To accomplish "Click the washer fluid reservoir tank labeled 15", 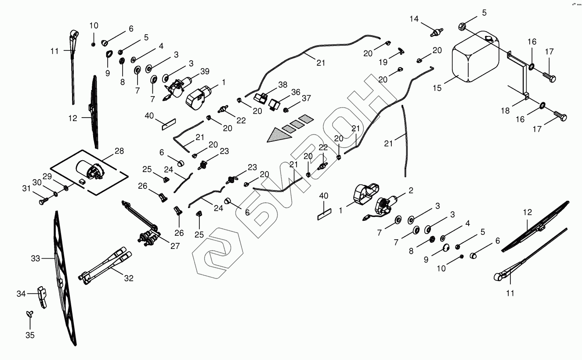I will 476,57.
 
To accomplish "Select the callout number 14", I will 415,19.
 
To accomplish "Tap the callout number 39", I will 204,71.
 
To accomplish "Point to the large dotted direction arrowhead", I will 277,135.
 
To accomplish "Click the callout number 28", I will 119,151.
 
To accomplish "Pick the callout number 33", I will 36,259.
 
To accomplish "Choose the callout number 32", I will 129,278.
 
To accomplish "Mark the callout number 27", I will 175,246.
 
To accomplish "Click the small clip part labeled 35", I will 30,314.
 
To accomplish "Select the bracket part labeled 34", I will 43,296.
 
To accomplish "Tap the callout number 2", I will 411,191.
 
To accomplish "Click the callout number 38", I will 282,84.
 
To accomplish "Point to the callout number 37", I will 306,98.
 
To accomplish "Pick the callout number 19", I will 383,63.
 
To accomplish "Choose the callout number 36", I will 296,92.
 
